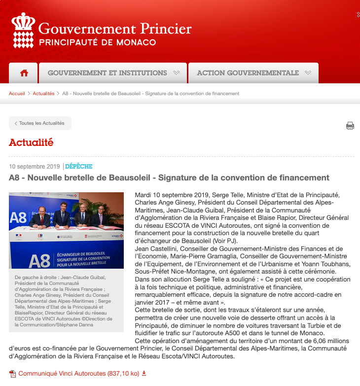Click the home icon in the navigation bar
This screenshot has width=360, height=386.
click(x=24, y=73)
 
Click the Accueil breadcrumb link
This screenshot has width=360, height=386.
click(x=17, y=94)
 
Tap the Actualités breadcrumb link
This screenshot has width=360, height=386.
click(x=43, y=94)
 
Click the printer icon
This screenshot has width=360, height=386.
click(x=350, y=126)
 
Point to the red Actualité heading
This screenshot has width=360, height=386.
click(x=31, y=143)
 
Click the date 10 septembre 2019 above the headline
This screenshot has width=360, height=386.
click(x=35, y=167)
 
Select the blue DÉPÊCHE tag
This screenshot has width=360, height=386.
click(x=79, y=167)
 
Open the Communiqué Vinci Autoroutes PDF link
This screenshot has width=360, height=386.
click(x=79, y=374)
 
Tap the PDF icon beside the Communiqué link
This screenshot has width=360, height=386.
click(x=13, y=374)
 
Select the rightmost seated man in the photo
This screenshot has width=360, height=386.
click(x=101, y=217)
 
